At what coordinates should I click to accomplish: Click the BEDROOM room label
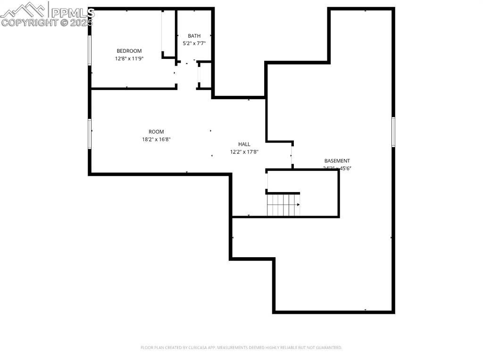pos(129,51)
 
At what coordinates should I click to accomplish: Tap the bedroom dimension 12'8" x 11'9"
pos(129,59)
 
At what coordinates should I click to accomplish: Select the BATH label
pos(194,36)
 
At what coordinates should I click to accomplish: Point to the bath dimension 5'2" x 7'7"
pos(194,43)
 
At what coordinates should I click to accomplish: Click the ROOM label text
pos(156,132)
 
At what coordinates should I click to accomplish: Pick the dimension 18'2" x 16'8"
pos(156,140)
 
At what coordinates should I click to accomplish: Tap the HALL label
pos(244,144)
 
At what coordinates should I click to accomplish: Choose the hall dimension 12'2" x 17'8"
pos(244,152)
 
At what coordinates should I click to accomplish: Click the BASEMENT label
pos(337,161)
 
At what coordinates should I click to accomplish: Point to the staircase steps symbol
pos(283,205)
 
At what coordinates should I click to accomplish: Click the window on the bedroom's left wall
pos(89,50)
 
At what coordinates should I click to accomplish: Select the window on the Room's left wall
pos(89,134)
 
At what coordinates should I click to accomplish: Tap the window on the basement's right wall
pos(393,132)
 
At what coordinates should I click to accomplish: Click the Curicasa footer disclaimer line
pos(241,348)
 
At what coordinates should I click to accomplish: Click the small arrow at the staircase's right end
pos(298,205)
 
